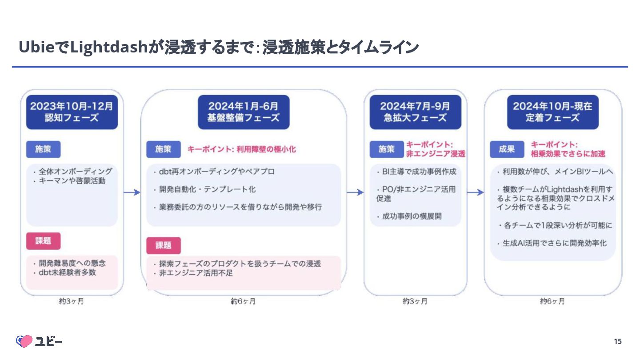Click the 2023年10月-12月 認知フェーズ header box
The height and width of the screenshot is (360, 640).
[x=72, y=112]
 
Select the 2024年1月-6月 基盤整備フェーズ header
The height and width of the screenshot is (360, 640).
[x=244, y=112]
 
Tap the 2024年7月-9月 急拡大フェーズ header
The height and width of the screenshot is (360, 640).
[x=415, y=112]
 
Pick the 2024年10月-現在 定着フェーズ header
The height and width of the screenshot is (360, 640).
[x=552, y=112]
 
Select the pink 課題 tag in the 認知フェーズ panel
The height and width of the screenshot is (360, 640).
[x=43, y=241]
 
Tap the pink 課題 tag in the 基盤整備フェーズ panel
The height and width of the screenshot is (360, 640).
[x=163, y=245]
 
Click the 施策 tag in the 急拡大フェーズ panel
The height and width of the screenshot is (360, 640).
[x=387, y=149]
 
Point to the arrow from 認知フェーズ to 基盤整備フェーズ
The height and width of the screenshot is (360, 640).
[x=132, y=192]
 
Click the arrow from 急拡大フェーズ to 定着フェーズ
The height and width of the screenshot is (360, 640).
[x=475, y=192]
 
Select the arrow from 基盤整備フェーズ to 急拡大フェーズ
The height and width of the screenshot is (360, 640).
[x=355, y=192]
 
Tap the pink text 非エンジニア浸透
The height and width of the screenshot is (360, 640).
[x=436, y=154]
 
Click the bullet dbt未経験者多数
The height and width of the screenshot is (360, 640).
[x=67, y=272]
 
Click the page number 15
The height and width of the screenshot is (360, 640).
[x=618, y=341]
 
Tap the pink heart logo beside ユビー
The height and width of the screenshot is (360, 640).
[x=24, y=341]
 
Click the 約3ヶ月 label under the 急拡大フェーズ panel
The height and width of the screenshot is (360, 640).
[x=415, y=301]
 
